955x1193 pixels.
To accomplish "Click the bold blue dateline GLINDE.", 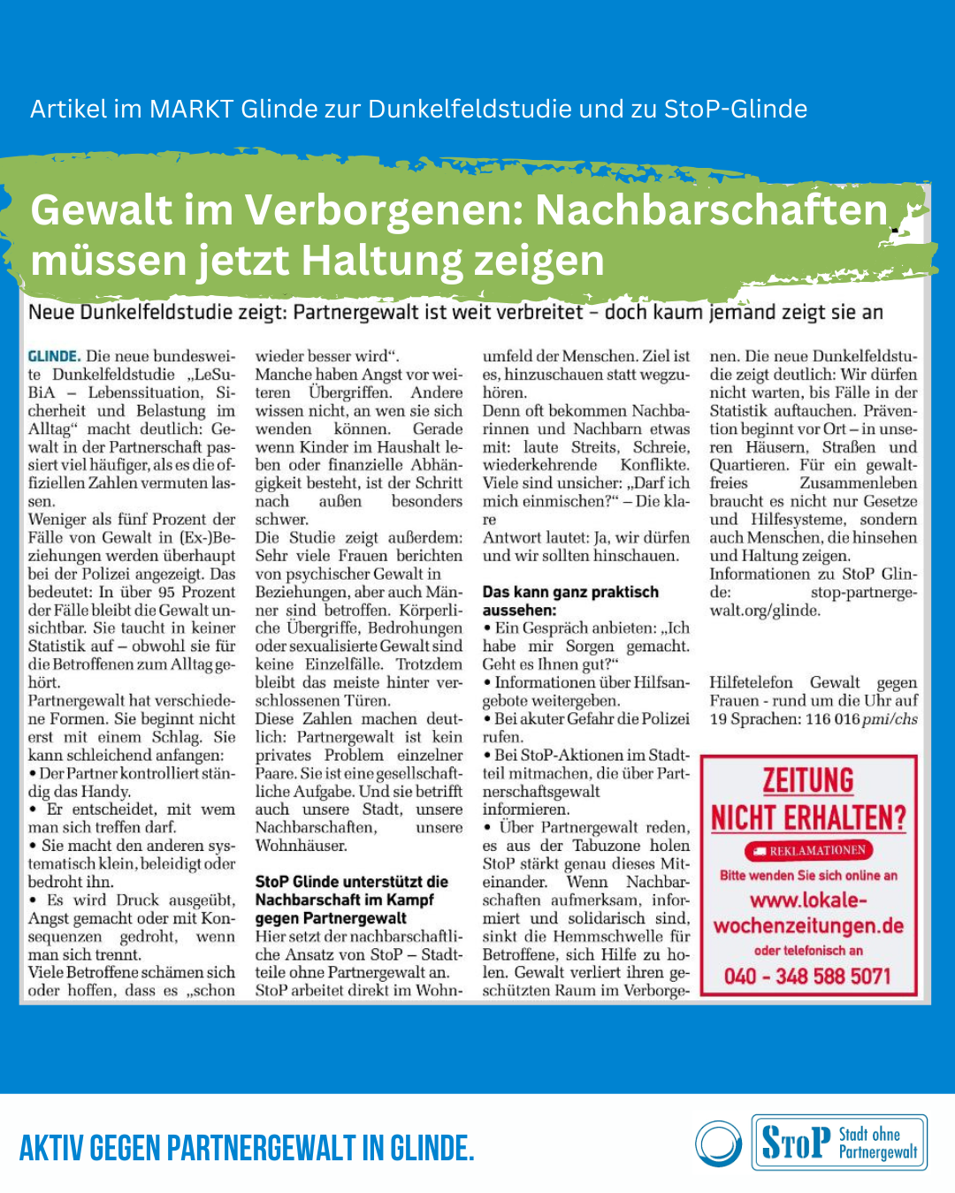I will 54,356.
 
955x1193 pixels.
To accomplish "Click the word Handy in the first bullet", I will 105,792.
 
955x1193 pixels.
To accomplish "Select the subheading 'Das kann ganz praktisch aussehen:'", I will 570,601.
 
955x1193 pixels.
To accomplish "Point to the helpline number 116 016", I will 831,719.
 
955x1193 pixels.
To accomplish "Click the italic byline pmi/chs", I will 890,719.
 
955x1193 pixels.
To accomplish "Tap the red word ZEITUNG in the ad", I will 808,781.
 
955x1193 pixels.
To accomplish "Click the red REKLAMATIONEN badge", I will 808,850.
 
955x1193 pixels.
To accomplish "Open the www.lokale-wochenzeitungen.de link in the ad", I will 808,913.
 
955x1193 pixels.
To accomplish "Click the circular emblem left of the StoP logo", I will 719,1144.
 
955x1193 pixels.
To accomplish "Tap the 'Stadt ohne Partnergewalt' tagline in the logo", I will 877,1144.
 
